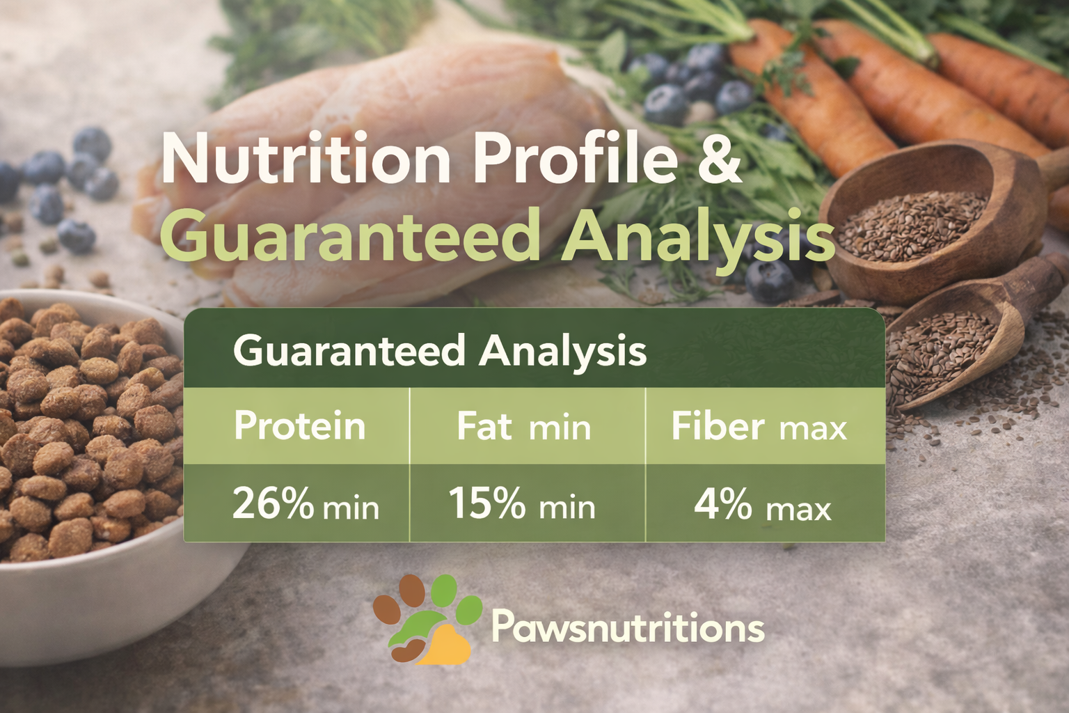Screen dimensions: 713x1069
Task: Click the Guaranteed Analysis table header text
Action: pyautogui.click(x=439, y=350)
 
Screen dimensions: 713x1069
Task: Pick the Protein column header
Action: pyautogui.click(x=299, y=425)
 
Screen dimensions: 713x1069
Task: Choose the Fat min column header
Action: pyautogui.click(x=523, y=426)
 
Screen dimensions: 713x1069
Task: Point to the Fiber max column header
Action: pyautogui.click(x=759, y=426)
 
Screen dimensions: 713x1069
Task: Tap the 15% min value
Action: pyautogui.click(x=522, y=503)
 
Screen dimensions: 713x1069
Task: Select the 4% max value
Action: pyautogui.click(x=762, y=505)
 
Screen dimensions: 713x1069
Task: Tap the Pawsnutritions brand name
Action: pyautogui.click(x=628, y=627)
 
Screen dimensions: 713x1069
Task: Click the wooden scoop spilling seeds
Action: pyautogui.click(x=960, y=341)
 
